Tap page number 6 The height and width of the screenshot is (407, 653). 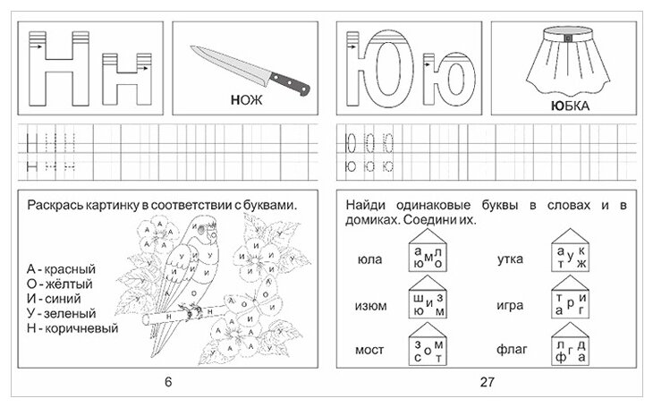click(167, 383)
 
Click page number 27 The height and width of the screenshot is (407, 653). click(488, 383)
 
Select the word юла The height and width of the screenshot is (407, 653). click(369, 260)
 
